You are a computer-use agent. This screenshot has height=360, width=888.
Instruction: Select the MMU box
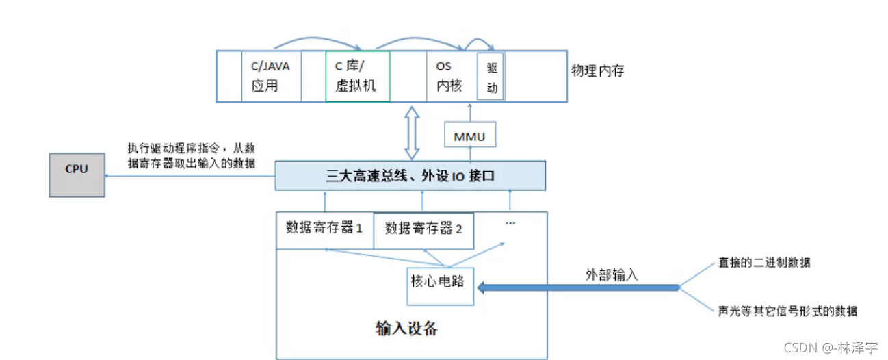tap(469, 136)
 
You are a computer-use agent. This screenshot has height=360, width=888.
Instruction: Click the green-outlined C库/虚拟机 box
tap(357, 76)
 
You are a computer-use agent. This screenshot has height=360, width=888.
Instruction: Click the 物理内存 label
tap(597, 70)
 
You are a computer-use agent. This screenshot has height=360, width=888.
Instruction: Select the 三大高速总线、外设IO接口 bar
tap(410, 176)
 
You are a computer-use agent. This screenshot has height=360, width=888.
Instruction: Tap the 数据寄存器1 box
tap(324, 229)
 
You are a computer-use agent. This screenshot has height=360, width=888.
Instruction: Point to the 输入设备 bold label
tap(406, 329)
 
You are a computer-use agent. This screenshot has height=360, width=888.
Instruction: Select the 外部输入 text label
tap(611, 274)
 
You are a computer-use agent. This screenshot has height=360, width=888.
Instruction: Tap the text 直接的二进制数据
tap(764, 263)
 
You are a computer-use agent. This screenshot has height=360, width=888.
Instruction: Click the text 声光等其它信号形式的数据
tap(787, 311)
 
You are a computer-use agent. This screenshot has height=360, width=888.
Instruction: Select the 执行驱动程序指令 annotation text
tap(191, 155)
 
